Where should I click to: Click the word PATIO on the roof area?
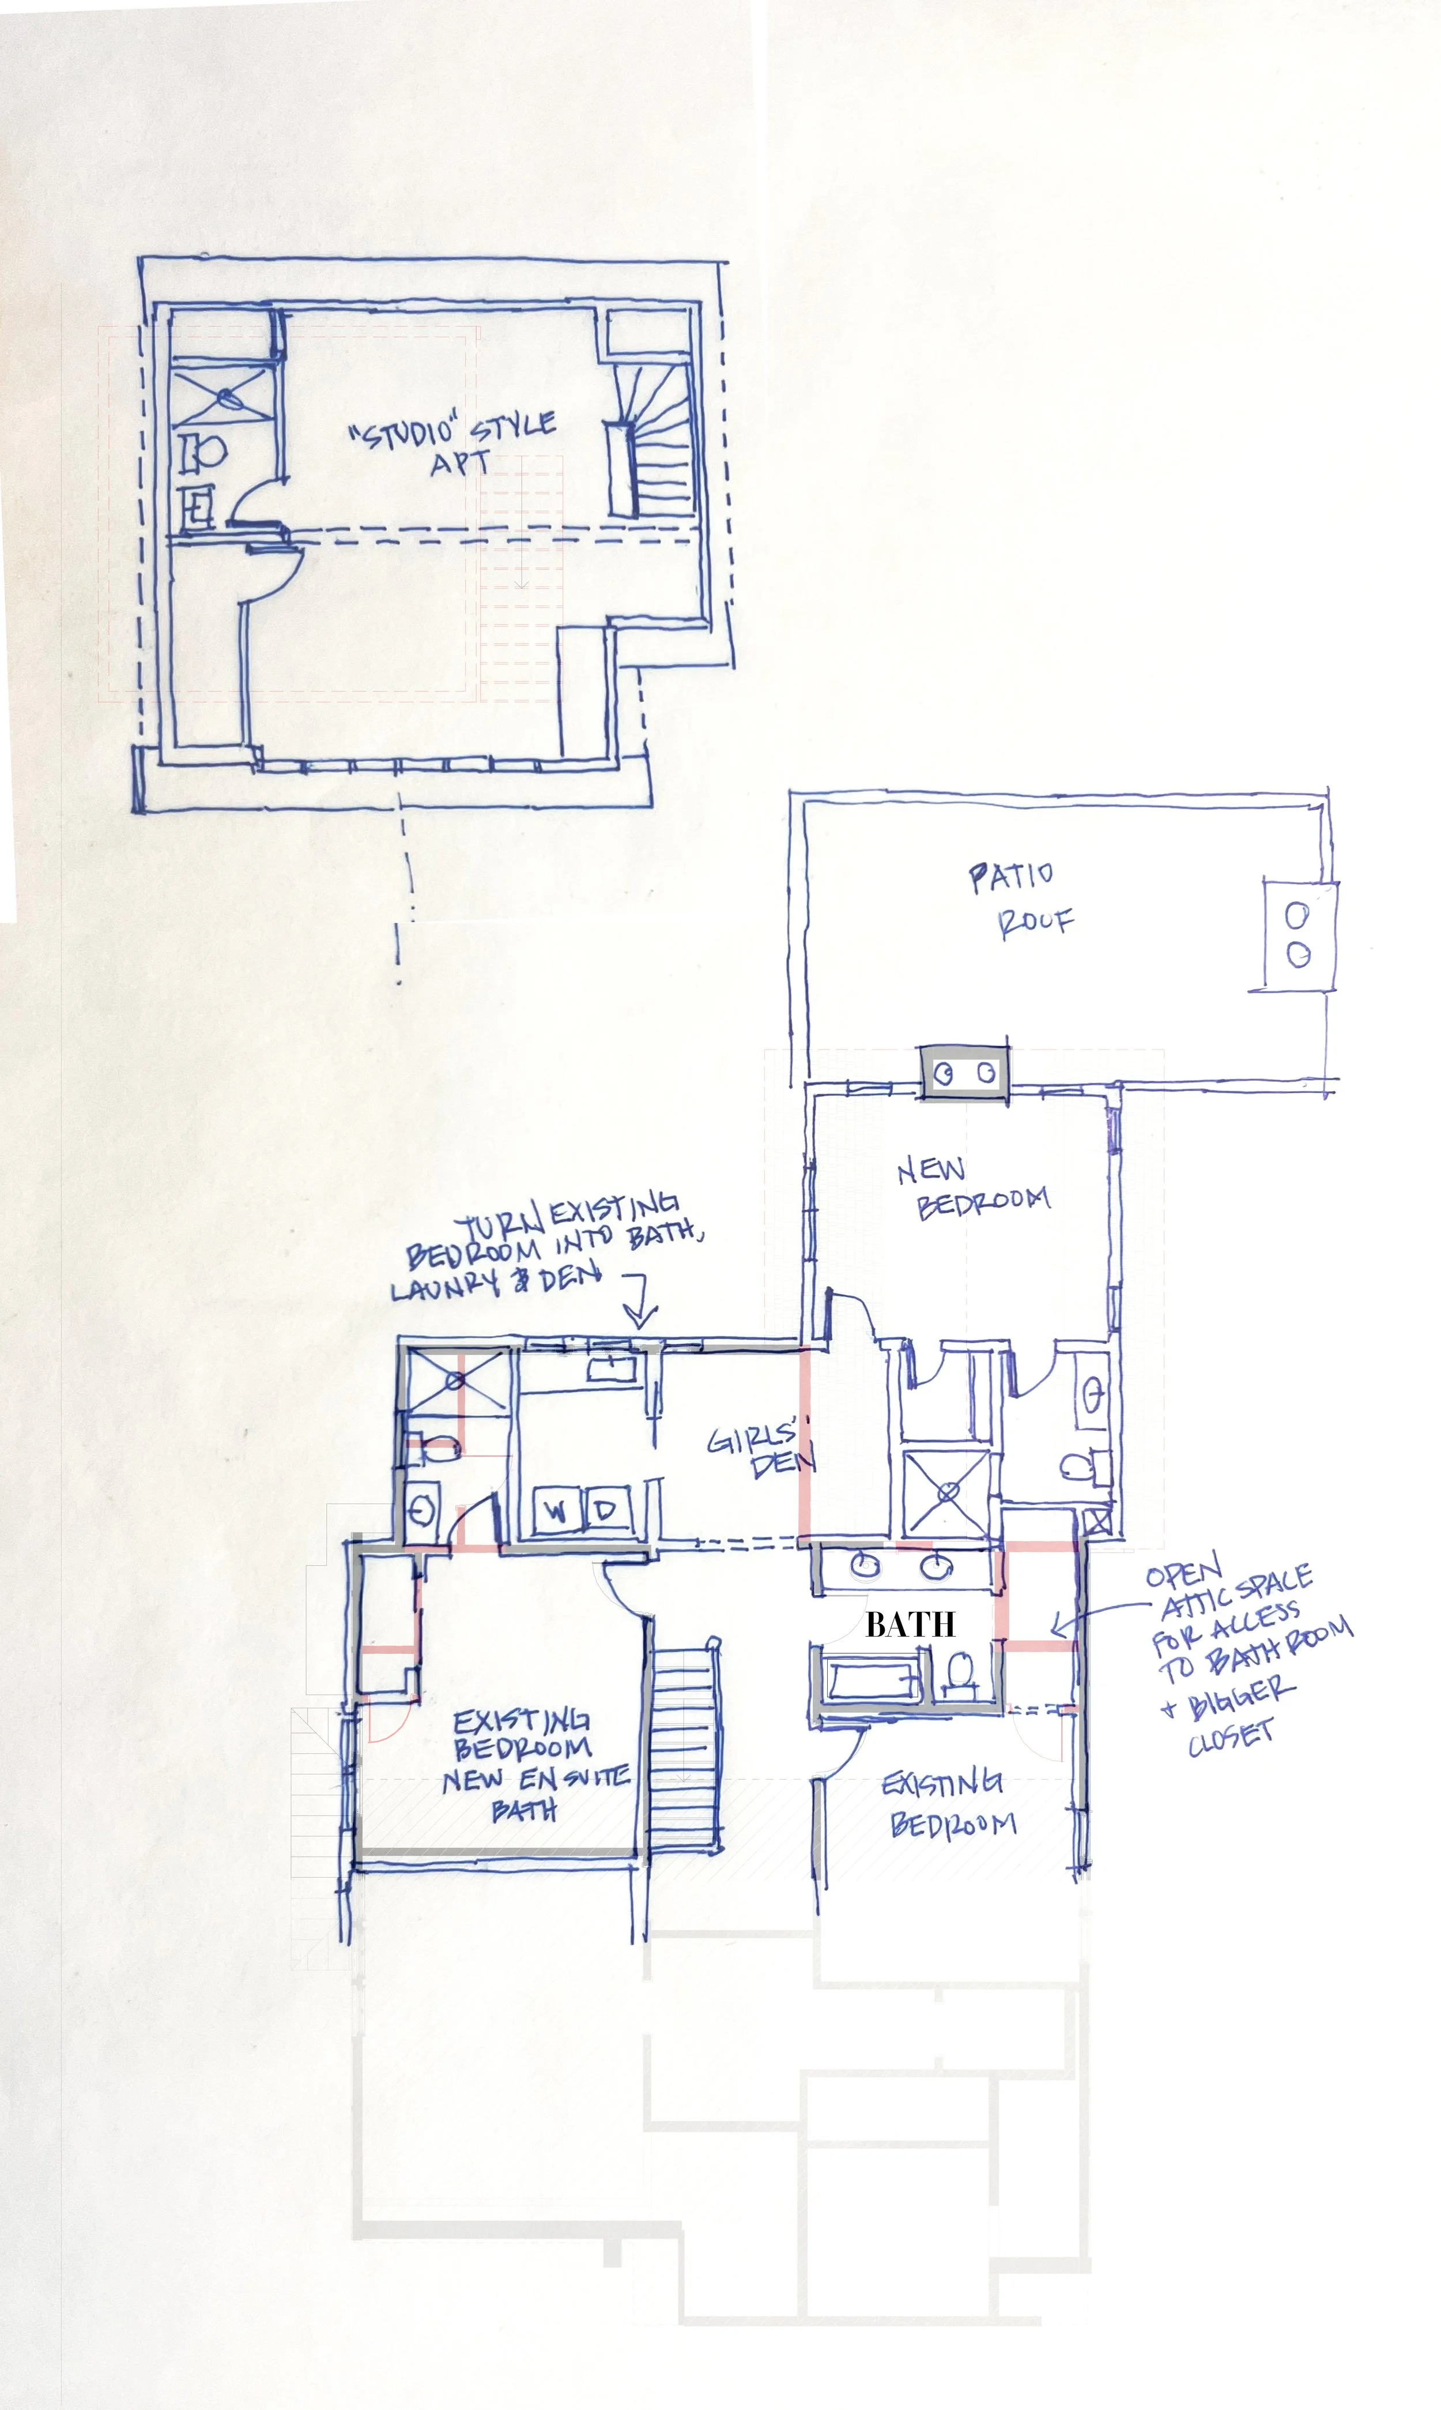(1010, 876)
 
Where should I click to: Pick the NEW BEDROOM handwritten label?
(971, 1187)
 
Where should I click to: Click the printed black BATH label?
(910, 1624)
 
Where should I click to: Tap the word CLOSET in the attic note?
(1230, 1738)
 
